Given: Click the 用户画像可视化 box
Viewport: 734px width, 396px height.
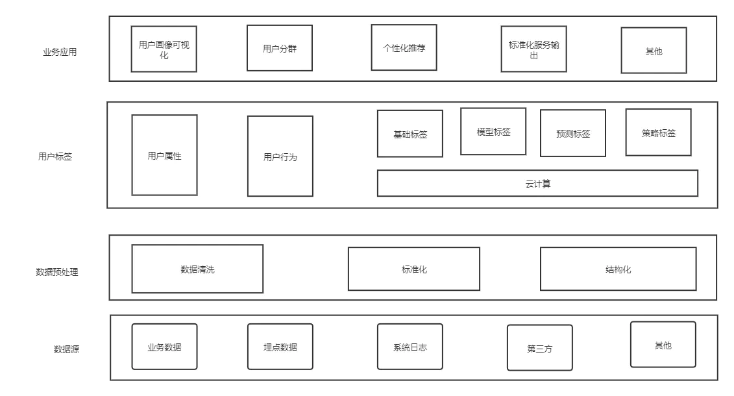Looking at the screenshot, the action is (164, 49).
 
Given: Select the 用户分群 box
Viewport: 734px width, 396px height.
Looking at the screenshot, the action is (280, 48).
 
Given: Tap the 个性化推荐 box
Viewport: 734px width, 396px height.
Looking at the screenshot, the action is (404, 47).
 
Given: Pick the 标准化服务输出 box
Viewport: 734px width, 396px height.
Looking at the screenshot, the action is (533, 49).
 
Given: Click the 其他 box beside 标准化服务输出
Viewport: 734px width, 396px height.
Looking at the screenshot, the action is (654, 51).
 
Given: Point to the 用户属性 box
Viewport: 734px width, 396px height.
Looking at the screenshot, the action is (164, 155).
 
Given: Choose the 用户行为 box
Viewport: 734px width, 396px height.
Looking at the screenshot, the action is (280, 156).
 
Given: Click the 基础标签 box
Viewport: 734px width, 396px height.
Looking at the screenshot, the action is (410, 134).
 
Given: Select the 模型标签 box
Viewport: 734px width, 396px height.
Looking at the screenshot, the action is (493, 132).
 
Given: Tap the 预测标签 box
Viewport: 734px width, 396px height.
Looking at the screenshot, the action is (573, 133).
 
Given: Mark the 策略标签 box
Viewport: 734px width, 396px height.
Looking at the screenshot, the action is (658, 132).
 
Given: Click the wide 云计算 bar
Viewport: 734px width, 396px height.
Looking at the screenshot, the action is (537, 183).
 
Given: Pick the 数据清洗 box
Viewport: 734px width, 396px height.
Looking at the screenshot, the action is (197, 269).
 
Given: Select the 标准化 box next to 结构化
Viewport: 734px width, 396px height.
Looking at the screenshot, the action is (414, 269).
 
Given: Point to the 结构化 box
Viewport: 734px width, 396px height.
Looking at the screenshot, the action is (618, 269).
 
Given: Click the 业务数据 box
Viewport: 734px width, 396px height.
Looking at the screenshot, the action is (164, 347).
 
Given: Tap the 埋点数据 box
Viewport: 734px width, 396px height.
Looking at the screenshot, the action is (280, 347).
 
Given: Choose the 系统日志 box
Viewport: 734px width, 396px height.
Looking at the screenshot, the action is (410, 347).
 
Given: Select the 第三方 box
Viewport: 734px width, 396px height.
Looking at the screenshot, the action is (539, 348).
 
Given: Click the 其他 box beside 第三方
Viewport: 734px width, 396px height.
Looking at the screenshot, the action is (663, 345).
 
